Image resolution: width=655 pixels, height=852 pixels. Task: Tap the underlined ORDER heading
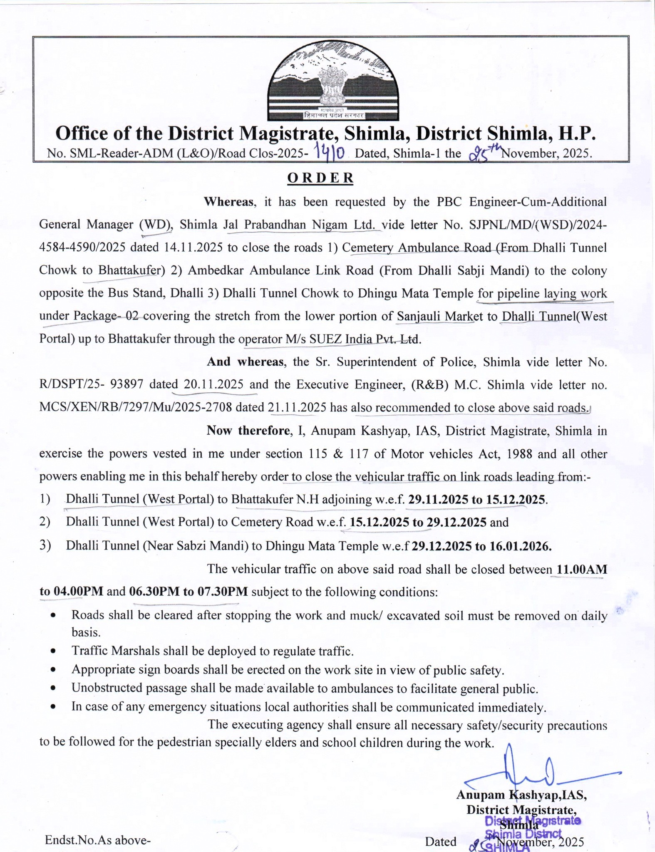[x=320, y=178]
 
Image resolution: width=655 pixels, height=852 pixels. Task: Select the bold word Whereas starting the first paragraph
[x=228, y=202]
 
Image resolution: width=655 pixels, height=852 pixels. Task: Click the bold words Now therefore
[x=248, y=431]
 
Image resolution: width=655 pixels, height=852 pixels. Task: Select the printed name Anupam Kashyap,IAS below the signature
[x=521, y=795]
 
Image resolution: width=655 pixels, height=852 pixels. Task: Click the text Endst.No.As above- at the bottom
[x=97, y=840]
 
